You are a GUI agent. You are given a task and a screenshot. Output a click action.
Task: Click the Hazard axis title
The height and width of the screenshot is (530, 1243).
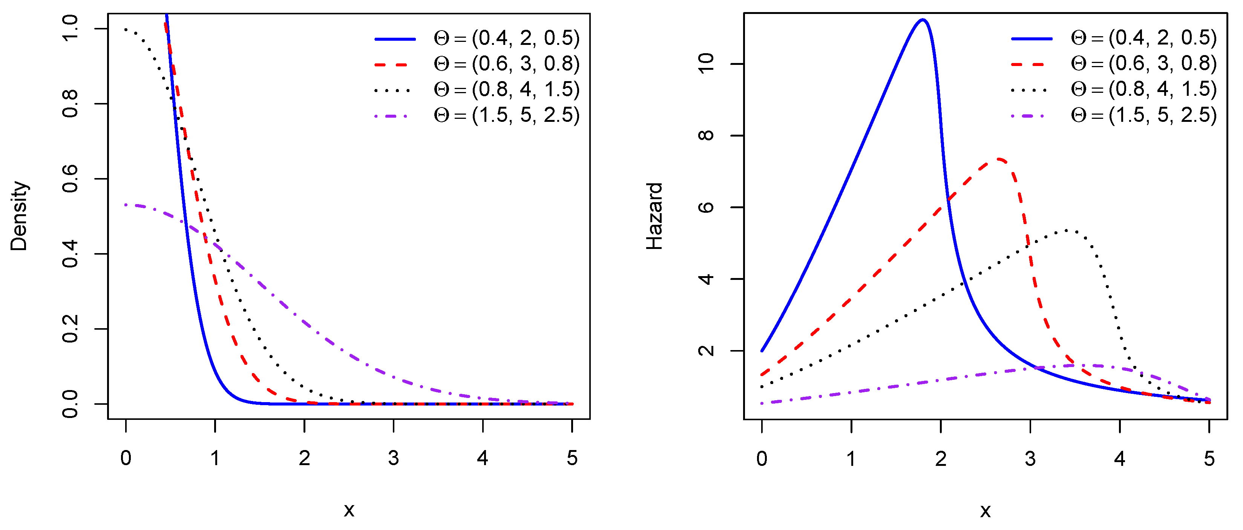(x=654, y=216)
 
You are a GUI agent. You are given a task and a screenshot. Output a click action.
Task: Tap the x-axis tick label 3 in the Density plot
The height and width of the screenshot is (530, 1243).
(x=393, y=458)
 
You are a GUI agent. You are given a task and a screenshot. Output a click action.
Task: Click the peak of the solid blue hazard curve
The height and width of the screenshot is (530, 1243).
(x=922, y=20)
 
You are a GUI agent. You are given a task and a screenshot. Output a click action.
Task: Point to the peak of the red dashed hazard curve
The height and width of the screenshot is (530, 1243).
(x=999, y=159)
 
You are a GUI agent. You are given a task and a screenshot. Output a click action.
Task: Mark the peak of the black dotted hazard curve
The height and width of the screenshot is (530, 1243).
(x=1065, y=230)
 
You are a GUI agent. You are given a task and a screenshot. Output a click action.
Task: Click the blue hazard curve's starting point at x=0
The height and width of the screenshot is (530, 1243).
(x=762, y=350)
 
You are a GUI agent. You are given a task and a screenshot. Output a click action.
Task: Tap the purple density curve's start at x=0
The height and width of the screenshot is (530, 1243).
(x=126, y=205)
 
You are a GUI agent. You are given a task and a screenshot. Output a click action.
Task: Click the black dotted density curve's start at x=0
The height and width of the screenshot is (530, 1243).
(x=126, y=29)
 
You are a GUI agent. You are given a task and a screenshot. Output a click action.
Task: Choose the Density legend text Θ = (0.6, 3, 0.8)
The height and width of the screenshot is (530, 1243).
(x=507, y=64)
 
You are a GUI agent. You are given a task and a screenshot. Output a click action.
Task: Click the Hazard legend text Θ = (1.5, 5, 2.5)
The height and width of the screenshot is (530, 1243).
(x=1143, y=115)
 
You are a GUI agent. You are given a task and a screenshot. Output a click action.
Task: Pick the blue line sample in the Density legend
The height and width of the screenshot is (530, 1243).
(x=395, y=38)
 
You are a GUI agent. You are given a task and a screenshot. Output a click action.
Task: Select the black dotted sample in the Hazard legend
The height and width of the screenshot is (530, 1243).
(x=1031, y=90)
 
